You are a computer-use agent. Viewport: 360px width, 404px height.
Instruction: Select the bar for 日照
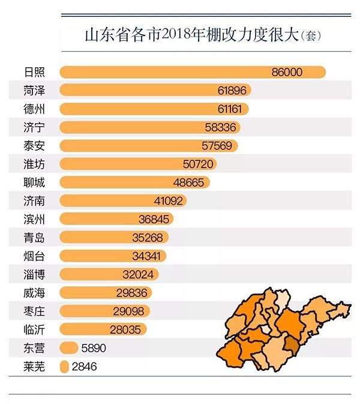(192, 73)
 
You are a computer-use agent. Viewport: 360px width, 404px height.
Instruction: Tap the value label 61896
(230, 91)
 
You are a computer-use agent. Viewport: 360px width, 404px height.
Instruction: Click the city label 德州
(35, 109)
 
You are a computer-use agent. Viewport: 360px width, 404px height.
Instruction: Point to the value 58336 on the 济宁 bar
(220, 128)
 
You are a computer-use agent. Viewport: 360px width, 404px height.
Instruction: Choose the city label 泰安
(35, 146)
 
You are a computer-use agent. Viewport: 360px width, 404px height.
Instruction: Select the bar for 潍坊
(138, 164)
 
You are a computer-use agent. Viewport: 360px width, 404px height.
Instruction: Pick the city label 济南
(35, 200)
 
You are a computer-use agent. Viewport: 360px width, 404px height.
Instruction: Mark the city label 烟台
(35, 256)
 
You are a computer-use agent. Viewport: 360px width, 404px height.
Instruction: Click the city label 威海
(35, 292)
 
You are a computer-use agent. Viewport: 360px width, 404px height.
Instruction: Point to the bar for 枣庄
(105, 311)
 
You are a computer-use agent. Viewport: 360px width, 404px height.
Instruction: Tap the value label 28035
(128, 329)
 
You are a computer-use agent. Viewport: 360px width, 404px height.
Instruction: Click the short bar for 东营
(70, 348)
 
